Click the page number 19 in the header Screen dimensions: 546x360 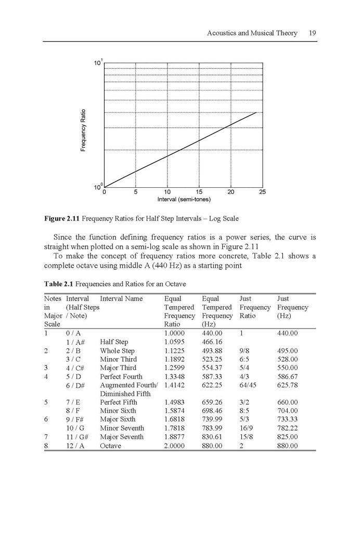click(x=312, y=33)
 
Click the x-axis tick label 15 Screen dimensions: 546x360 click(x=199, y=192)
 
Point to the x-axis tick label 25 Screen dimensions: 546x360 click(x=262, y=192)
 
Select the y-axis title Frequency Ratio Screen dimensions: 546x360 click(x=83, y=130)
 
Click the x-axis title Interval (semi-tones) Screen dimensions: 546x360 click(x=184, y=199)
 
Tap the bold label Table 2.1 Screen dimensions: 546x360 click(x=59, y=284)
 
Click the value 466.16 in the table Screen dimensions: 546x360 click(x=212, y=342)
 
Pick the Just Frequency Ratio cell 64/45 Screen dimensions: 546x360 click(x=248, y=385)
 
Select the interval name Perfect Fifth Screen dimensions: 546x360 click(x=119, y=402)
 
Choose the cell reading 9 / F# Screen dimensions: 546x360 click(x=76, y=420)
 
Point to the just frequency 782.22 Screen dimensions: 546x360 click(x=287, y=428)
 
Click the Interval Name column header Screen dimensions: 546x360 click(x=121, y=299)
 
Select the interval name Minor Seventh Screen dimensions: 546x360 click(x=122, y=428)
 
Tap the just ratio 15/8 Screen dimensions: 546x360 click(x=247, y=437)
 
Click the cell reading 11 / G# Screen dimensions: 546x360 click(x=77, y=437)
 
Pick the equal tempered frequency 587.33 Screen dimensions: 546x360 click(x=212, y=376)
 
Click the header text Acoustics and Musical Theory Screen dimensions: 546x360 click(x=252, y=33)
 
